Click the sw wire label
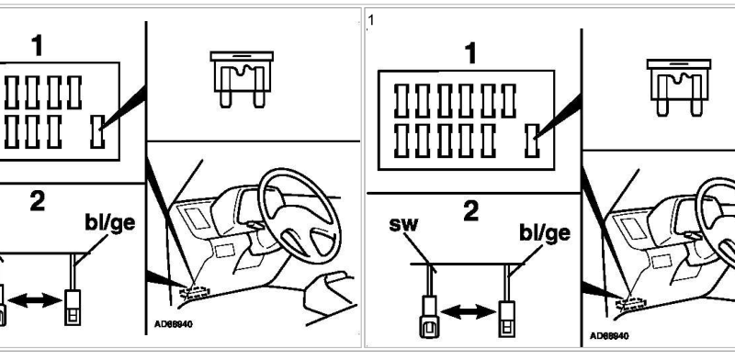click(403, 224)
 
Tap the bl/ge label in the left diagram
click(109, 222)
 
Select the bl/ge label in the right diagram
click(545, 232)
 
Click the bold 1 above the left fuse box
click(37, 46)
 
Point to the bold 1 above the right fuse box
click(471, 53)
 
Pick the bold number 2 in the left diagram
click(37, 201)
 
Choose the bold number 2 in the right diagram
click(471, 211)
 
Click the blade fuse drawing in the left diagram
click(242, 79)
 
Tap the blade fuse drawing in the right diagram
click(679, 87)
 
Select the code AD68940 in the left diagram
click(174, 324)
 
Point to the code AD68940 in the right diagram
click(609, 335)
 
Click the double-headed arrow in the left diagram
click(35, 300)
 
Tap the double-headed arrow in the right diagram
click(469, 311)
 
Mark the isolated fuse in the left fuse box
click(97, 131)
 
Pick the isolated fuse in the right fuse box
click(532, 141)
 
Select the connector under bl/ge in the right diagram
click(507, 319)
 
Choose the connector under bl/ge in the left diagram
click(73, 308)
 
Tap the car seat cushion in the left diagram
click(329, 294)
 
